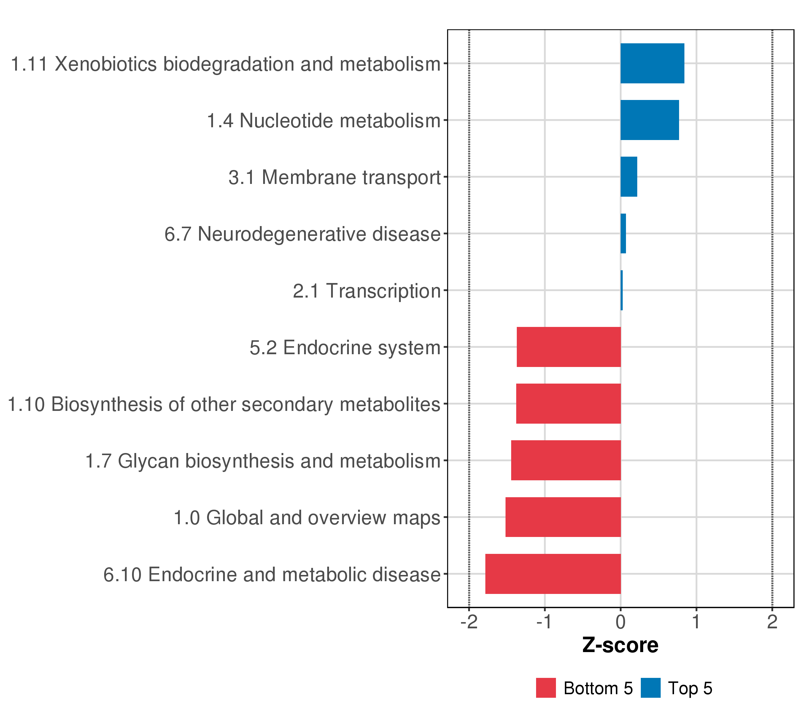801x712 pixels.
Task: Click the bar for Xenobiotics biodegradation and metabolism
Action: [x=652, y=63]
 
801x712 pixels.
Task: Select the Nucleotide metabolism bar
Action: [x=649, y=120]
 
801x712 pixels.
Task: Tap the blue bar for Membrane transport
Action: [x=629, y=177]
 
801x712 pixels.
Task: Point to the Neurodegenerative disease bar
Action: [x=623, y=233]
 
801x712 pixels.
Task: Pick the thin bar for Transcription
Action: [x=622, y=290]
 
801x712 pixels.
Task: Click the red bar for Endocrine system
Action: [x=569, y=347]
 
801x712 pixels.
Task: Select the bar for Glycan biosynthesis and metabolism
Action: [x=566, y=460]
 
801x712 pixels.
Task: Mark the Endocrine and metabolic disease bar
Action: [x=553, y=574]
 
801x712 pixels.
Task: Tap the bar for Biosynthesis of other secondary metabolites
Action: [x=568, y=403]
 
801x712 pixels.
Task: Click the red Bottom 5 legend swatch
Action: [x=546, y=688]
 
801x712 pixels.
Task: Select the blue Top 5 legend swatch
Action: [x=651, y=688]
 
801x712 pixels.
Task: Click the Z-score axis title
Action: [x=620, y=645]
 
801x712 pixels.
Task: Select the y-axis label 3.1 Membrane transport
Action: [x=335, y=177]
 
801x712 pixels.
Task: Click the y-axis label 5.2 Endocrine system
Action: [x=345, y=348]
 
